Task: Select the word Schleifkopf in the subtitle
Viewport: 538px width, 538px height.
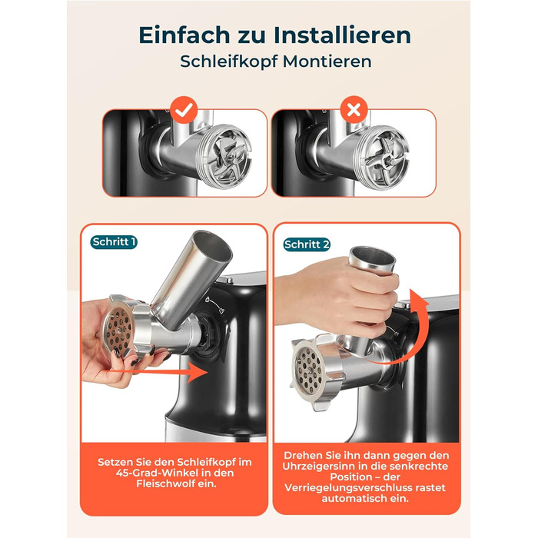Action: (229, 61)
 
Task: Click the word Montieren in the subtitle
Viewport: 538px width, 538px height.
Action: (327, 61)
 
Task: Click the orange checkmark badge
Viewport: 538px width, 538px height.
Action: (184, 110)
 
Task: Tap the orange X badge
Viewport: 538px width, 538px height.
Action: (354, 110)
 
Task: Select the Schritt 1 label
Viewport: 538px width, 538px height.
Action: (115, 242)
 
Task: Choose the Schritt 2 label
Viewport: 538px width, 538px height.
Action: (307, 244)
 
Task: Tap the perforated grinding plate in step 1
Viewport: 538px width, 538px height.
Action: (118, 330)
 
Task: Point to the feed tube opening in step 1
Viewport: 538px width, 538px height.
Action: (213, 245)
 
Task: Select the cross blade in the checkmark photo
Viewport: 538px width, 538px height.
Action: (227, 157)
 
